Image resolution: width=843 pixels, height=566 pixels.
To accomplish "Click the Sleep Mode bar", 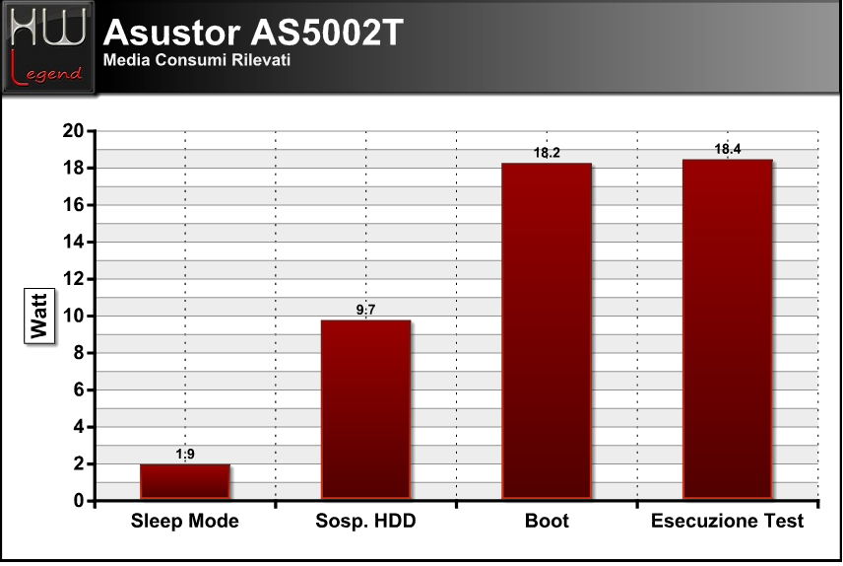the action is tap(185, 481).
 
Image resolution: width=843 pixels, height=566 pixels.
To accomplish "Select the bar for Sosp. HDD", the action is tap(365, 410).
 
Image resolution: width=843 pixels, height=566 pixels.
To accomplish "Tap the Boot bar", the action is tap(547, 331).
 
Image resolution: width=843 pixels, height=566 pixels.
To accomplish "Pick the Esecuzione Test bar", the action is tap(728, 329).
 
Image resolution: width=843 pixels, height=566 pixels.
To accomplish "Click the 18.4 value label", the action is tap(728, 149).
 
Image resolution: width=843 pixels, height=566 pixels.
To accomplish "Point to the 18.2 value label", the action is tap(547, 153).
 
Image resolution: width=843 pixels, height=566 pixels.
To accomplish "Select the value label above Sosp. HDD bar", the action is tap(365, 310).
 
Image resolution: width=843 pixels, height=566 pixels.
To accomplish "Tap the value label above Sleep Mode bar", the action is tap(185, 454).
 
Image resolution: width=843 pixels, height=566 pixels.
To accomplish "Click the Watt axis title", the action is tap(39, 316).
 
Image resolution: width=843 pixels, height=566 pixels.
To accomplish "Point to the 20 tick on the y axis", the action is tap(74, 131).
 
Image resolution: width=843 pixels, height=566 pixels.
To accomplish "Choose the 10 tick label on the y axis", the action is tap(74, 316).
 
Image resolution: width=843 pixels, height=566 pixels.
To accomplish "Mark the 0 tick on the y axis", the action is tap(80, 501).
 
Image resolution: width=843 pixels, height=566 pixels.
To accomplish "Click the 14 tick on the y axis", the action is tap(74, 242).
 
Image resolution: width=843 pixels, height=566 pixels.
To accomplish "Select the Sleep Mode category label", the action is tap(185, 521).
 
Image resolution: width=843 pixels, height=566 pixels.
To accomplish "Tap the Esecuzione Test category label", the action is tap(728, 521).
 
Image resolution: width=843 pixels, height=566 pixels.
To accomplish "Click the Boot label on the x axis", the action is tap(547, 521).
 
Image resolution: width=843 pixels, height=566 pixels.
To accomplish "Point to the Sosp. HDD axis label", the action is tap(365, 521).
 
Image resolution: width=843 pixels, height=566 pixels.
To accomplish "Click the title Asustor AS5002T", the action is tap(253, 33).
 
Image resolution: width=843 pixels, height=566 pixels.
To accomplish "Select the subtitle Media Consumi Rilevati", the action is tap(197, 59).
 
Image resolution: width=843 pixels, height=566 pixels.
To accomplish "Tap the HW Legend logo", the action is tap(48, 47).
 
